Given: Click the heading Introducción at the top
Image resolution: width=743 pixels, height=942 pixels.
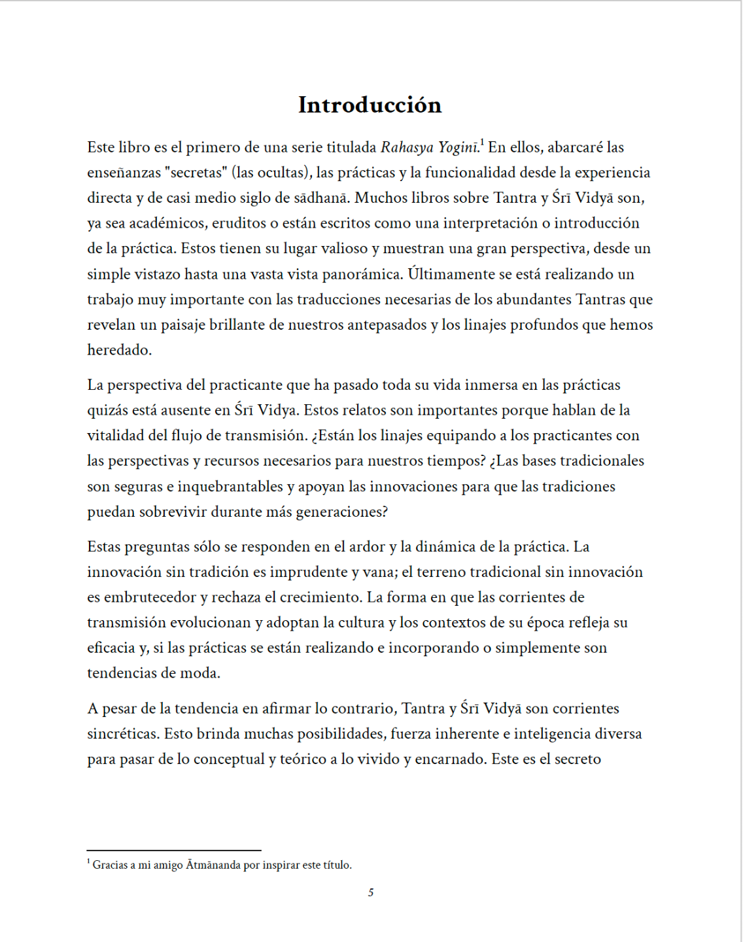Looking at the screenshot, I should [x=370, y=105].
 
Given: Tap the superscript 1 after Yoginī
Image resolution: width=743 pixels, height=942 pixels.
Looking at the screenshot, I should [x=482, y=142].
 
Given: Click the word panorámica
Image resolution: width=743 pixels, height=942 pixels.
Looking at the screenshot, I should [x=362, y=274].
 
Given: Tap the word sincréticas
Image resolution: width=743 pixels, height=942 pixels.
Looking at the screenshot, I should [x=123, y=734].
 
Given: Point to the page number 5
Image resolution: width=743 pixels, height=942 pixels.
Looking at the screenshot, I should [x=371, y=892].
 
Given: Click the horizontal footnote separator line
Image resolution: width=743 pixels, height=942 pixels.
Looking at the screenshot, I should [x=174, y=850].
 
